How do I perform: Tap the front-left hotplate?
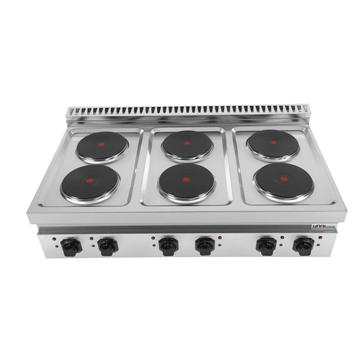point(90,182)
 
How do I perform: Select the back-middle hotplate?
point(187,144)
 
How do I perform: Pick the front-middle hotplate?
point(187,180)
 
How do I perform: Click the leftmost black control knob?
point(72,245)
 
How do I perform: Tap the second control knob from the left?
point(108,245)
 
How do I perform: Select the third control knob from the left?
point(169,245)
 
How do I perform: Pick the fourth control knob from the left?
point(205,245)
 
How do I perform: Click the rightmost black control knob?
point(303,245)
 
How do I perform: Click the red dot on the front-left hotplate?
point(90,180)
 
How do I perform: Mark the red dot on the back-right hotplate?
point(273,142)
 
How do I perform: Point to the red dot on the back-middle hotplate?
point(187,143)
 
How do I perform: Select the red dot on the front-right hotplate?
point(285,178)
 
